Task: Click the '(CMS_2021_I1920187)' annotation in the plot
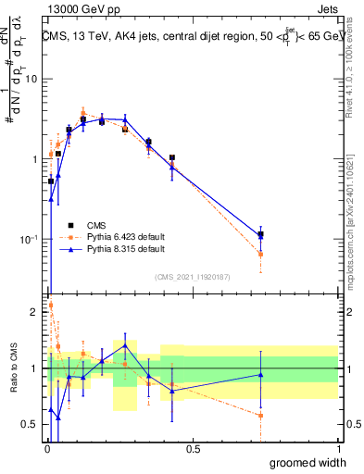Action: click(193, 276)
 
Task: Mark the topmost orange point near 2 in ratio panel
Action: click(50, 305)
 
